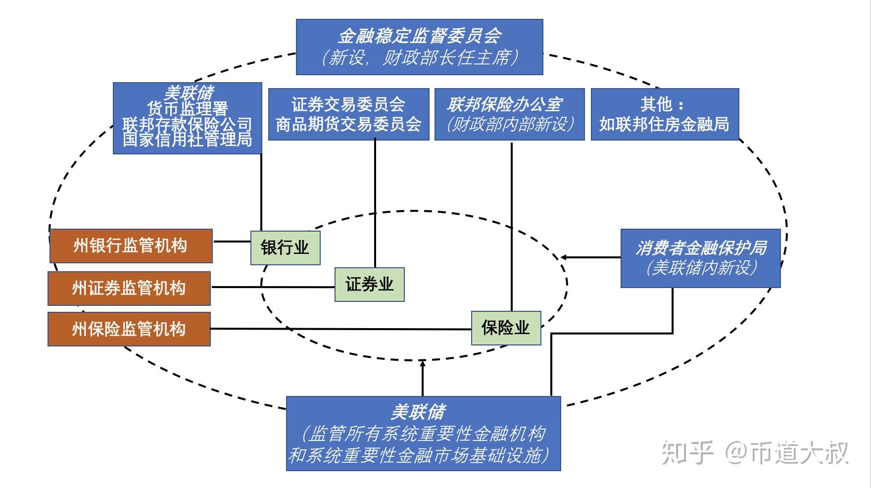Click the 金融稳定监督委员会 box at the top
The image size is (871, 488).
(x=419, y=47)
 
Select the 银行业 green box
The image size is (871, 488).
(x=285, y=247)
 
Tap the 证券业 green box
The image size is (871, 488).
(x=369, y=285)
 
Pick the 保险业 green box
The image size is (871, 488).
(x=506, y=328)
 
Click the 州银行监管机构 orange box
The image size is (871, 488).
(x=131, y=245)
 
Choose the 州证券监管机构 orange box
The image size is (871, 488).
(x=129, y=288)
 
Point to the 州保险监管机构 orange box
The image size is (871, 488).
(x=129, y=329)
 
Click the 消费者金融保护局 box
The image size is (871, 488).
(x=700, y=258)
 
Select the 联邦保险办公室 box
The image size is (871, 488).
(x=509, y=114)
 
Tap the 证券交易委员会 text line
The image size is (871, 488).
(x=348, y=104)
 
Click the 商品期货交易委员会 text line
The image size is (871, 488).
(x=348, y=124)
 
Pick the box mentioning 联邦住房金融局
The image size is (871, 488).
(x=665, y=114)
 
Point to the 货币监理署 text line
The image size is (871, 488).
(x=187, y=108)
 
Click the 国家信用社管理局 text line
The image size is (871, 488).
(x=187, y=140)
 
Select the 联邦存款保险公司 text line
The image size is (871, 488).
(x=187, y=124)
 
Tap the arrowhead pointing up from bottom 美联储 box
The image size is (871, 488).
(x=422, y=363)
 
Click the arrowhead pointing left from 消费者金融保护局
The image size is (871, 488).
(x=564, y=257)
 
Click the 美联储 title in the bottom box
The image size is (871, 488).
(x=418, y=412)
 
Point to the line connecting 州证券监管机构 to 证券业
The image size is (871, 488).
(x=272, y=287)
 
